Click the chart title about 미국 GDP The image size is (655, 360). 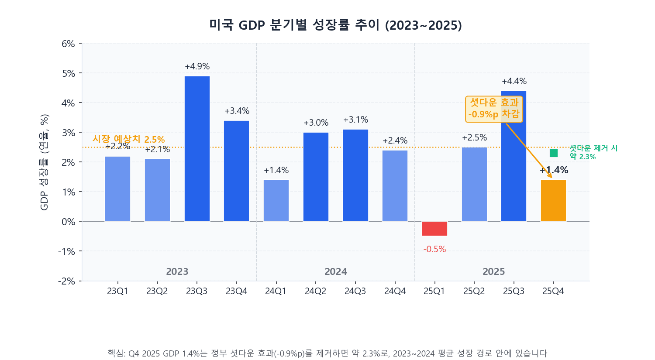335,25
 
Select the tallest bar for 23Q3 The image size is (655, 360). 197,148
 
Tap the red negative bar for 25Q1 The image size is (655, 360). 434,229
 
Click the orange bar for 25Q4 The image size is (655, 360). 553,201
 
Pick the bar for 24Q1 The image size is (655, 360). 276,201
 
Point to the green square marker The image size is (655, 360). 554,153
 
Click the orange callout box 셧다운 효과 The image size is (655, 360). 494,109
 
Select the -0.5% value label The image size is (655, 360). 434,249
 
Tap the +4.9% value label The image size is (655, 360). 197,66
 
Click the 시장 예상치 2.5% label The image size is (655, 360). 129,139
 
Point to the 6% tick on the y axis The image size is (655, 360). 68,44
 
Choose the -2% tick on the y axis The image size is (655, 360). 67,281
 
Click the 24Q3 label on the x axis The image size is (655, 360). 355,291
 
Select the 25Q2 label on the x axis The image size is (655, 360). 474,291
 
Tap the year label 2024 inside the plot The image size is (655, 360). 335,271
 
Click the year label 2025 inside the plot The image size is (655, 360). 493,271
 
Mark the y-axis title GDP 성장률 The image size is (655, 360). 44,162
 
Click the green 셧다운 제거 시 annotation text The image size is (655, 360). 593,152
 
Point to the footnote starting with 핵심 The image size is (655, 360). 327,353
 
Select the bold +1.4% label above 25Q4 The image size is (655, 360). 554,170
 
